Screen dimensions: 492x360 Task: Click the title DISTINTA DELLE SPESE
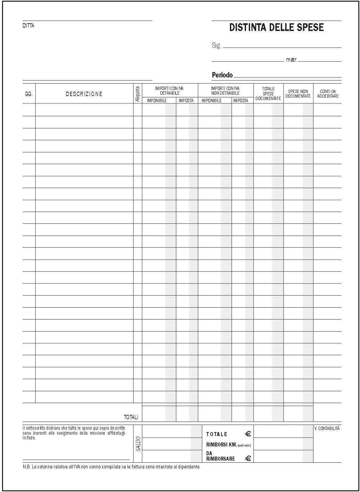(276, 27)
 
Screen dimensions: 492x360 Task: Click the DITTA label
(28, 26)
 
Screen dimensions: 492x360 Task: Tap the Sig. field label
(216, 45)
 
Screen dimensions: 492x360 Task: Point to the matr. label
(291, 60)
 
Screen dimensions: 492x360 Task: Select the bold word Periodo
(222, 75)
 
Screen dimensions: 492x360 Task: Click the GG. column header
(29, 94)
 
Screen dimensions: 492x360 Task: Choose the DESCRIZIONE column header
(84, 94)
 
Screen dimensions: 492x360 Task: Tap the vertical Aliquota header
(138, 94)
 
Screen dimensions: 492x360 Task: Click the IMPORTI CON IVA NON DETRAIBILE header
(225, 91)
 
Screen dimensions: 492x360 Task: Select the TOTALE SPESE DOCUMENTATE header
(268, 94)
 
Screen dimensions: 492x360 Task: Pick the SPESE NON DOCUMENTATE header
(298, 94)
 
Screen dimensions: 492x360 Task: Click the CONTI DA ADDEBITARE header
(328, 94)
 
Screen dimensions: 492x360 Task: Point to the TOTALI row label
(131, 417)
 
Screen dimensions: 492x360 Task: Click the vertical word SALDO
(138, 444)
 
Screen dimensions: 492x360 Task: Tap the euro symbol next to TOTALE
(248, 434)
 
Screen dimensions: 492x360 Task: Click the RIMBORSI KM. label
(221, 444)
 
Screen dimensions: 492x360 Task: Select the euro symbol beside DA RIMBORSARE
(248, 458)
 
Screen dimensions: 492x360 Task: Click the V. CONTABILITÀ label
(327, 428)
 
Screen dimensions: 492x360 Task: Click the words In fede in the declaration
(29, 438)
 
